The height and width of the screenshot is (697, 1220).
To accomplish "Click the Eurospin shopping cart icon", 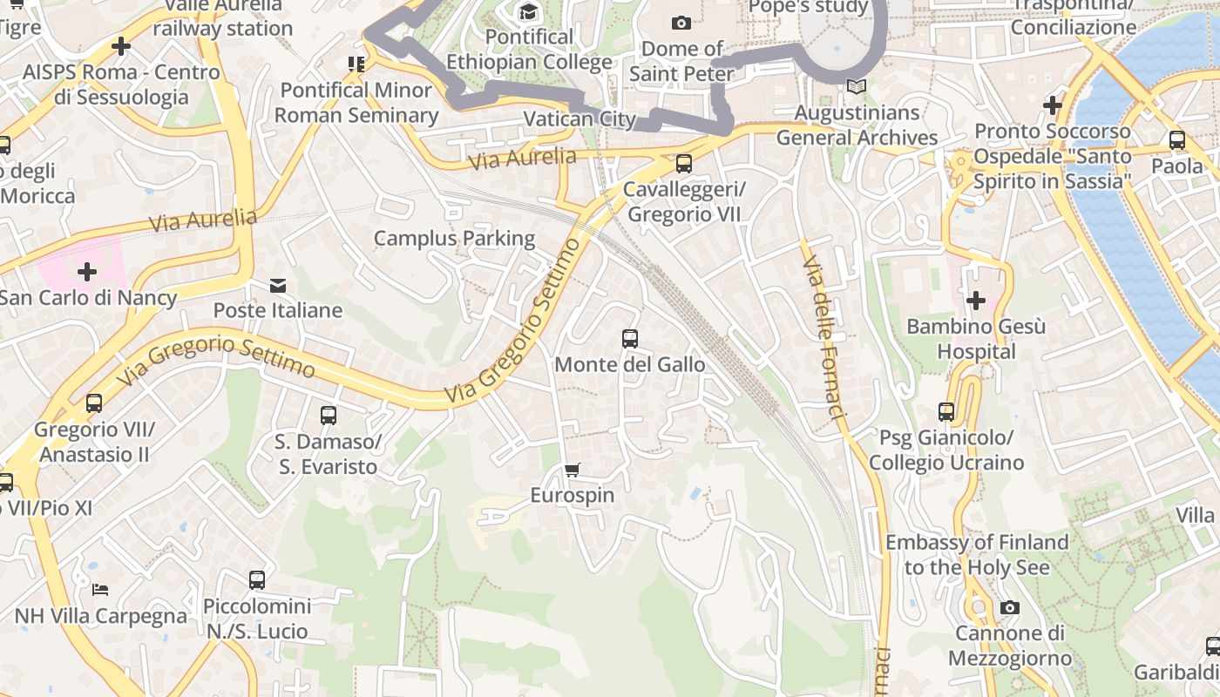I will pos(572,470).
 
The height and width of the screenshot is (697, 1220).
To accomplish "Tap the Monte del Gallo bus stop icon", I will pos(629,339).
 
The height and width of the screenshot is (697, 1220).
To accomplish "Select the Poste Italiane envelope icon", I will pos(278,285).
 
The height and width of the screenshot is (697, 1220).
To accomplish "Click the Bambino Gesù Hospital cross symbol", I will pos(975,301).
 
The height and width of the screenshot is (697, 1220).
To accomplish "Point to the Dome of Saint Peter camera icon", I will pos(681,23).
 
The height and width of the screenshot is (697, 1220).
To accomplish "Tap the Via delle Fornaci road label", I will pos(824,336).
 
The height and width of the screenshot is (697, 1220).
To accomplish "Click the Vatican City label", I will pos(579,119).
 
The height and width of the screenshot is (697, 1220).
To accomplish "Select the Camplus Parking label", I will pos(454,238).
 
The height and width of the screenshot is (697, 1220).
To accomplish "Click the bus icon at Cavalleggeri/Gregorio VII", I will pos(684,163).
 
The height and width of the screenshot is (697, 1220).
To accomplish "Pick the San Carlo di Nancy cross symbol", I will pos(86,272).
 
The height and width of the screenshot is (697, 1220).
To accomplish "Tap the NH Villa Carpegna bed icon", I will pos(100,590).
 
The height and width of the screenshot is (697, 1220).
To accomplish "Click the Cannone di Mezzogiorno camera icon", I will pos(1009,607).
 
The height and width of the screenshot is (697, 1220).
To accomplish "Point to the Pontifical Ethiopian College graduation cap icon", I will pos(528,11).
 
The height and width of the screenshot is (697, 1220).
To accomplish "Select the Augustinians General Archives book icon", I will pos(857,87).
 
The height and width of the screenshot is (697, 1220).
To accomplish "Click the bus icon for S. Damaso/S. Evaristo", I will pos(328,416).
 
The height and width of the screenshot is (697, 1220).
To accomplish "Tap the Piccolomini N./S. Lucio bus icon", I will pos(256,579).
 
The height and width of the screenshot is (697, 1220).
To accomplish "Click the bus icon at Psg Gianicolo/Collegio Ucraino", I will pos(946,411).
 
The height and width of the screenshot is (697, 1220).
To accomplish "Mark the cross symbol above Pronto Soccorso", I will pos(1052,105).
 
